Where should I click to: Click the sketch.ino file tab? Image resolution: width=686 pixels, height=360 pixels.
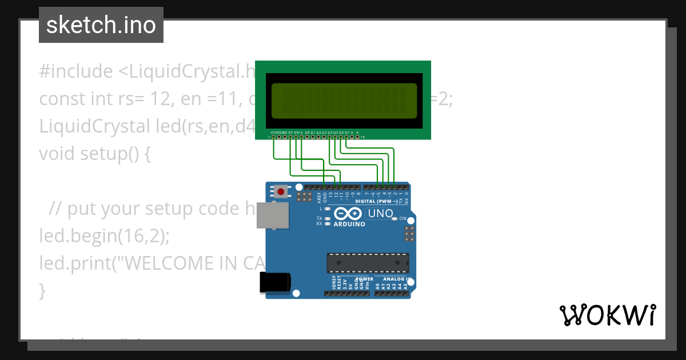(x=101, y=25)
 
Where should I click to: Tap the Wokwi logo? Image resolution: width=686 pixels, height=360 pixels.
(x=607, y=315)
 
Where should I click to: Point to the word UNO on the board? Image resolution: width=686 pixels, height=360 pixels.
(x=380, y=214)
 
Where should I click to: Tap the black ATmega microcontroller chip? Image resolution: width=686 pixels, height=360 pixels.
(x=368, y=262)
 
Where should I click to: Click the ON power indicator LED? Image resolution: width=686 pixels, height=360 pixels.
(x=395, y=219)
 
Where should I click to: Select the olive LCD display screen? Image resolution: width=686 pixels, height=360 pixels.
(x=344, y=101)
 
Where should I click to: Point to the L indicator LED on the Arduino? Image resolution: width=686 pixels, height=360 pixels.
(x=327, y=209)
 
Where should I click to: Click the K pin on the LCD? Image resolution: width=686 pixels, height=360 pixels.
(x=357, y=137)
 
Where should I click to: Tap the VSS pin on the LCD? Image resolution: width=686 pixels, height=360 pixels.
(x=274, y=137)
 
